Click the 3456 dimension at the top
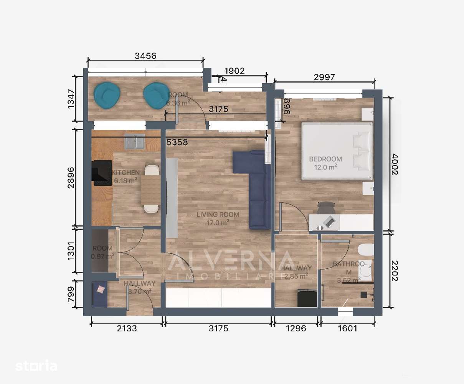(x=146, y=56)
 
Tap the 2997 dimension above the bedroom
(x=324, y=77)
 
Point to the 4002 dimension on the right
(x=395, y=164)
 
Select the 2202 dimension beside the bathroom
(x=395, y=270)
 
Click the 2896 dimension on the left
(x=71, y=177)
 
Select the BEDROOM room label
(x=325, y=159)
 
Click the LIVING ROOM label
(x=218, y=215)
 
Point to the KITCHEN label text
(x=125, y=173)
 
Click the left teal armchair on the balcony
(x=107, y=96)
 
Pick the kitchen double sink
(x=134, y=142)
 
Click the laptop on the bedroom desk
(x=329, y=222)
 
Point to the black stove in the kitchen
(x=102, y=173)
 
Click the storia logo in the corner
(x=36, y=366)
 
